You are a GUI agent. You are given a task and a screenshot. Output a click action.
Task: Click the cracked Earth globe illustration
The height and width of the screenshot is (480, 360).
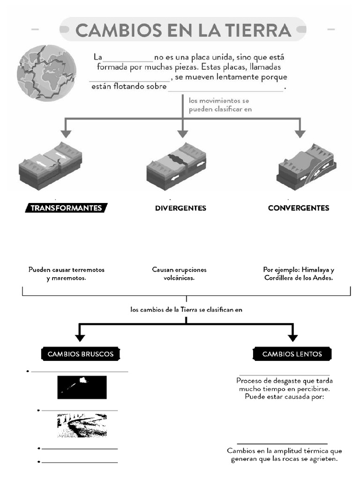[x=46, y=73]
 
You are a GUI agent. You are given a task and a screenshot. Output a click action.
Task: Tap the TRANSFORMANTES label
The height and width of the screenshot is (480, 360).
[x=66, y=208]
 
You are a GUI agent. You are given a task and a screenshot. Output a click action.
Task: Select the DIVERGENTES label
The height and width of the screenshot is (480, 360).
[x=180, y=208]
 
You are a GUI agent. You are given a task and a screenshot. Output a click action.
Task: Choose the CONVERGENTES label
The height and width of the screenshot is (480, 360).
[x=299, y=208]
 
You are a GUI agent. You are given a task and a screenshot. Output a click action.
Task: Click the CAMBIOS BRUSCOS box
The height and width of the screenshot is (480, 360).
[x=81, y=354]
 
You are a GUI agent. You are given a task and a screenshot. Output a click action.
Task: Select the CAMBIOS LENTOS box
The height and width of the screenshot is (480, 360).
[x=292, y=354]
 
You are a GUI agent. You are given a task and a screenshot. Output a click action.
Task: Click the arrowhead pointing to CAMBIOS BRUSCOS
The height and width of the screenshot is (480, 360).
[x=80, y=337]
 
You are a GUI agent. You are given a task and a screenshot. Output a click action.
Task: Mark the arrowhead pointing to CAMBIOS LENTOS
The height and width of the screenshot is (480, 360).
[x=293, y=337]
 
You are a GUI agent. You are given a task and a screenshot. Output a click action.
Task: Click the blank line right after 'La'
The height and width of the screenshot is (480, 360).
[x=128, y=61]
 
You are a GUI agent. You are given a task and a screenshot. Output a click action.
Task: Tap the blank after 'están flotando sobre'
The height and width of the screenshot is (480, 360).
[x=225, y=91]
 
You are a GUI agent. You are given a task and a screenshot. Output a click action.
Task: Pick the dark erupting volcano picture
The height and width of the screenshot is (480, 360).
[x=82, y=387]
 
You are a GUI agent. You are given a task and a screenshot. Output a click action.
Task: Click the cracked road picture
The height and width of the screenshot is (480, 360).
[x=82, y=426]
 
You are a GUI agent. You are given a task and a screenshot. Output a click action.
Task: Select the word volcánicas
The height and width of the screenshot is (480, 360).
[x=179, y=278]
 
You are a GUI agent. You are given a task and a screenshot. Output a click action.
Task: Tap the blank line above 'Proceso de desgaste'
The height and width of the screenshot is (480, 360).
[x=285, y=375]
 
